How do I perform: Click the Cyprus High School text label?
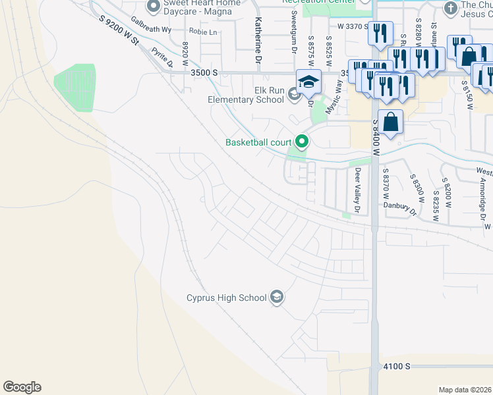click(x=226, y=298)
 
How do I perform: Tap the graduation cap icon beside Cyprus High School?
click(x=277, y=298)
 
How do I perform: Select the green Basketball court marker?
click(x=303, y=142)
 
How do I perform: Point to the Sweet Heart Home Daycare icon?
click(x=154, y=7)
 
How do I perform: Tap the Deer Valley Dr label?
click(x=358, y=191)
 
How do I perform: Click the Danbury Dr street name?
click(x=401, y=207)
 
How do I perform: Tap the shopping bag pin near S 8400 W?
click(x=391, y=122)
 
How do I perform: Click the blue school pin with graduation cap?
click(x=308, y=82)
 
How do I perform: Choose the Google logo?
click(x=22, y=387)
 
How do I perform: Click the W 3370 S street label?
click(x=355, y=26)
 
